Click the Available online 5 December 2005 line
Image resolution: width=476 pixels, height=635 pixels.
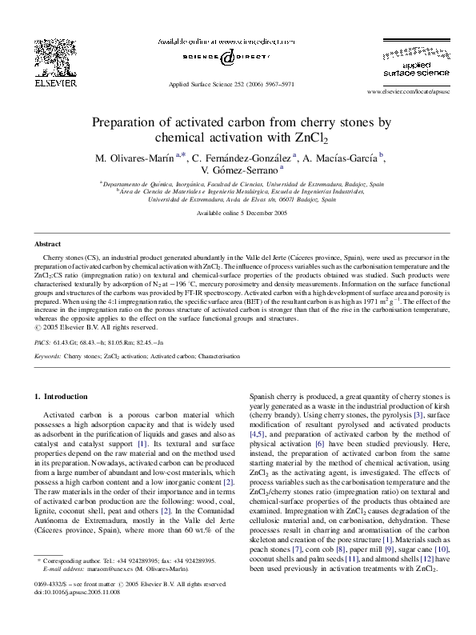tap(238, 215)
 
